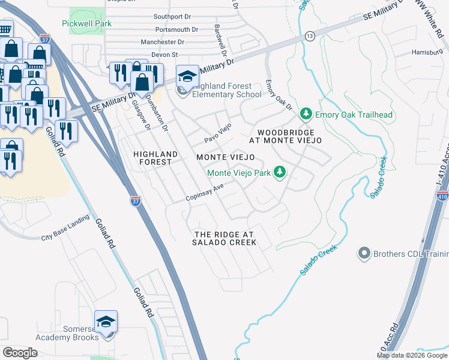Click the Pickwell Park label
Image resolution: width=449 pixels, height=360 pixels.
pos(86,23)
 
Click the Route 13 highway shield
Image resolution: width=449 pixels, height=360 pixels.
pos(309,36)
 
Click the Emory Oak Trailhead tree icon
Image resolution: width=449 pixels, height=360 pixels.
pos(306,114)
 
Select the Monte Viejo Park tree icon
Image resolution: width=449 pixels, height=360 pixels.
pos(279,173)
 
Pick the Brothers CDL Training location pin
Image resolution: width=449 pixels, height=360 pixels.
pos(364,254)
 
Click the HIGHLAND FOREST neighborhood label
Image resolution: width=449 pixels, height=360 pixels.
pos(155,158)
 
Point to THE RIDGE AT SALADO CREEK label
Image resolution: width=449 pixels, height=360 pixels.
pos(224,238)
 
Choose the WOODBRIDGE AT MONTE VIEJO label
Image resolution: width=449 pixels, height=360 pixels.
pos(289,136)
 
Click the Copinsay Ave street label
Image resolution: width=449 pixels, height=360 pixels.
pos(204,193)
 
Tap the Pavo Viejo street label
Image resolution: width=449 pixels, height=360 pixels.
pos(217,130)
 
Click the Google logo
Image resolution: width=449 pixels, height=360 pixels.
pos(20,352)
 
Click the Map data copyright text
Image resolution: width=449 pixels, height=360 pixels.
pos(411,355)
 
